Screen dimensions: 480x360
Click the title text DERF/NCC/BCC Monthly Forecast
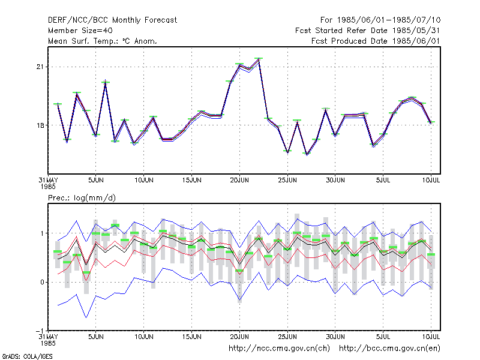pyautogui.click(x=112, y=20)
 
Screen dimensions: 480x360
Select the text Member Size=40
pyautogui.click(x=80, y=31)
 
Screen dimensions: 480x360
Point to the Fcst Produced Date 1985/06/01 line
pyautogui.click(x=376, y=41)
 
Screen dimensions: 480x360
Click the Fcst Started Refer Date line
pyautogui.click(x=368, y=31)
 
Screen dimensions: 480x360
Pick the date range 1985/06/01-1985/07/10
pyautogui.click(x=389, y=20)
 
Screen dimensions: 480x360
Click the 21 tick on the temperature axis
pyautogui.click(x=40, y=67)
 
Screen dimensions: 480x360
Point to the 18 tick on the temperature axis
pyautogui.click(x=40, y=125)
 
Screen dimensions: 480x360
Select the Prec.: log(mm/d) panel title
pyautogui.click(x=82, y=198)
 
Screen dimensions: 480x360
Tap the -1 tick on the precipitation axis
pyautogui.click(x=40, y=331)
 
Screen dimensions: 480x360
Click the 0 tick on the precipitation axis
pyautogui.click(x=42, y=282)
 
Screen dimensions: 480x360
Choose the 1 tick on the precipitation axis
pyautogui.click(x=42, y=233)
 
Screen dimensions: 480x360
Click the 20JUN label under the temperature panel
pyautogui.click(x=239, y=180)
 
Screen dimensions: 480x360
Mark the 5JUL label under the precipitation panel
pyautogui.click(x=383, y=337)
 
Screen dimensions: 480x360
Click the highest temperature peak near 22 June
pyautogui.click(x=259, y=59)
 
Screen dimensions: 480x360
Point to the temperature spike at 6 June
pyautogui.click(x=106, y=82)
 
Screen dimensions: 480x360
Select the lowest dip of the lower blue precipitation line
pyautogui.click(x=86, y=317)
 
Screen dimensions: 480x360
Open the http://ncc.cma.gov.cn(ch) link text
pyautogui.click(x=279, y=349)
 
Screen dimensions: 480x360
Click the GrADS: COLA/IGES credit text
pyautogui.click(x=27, y=356)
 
